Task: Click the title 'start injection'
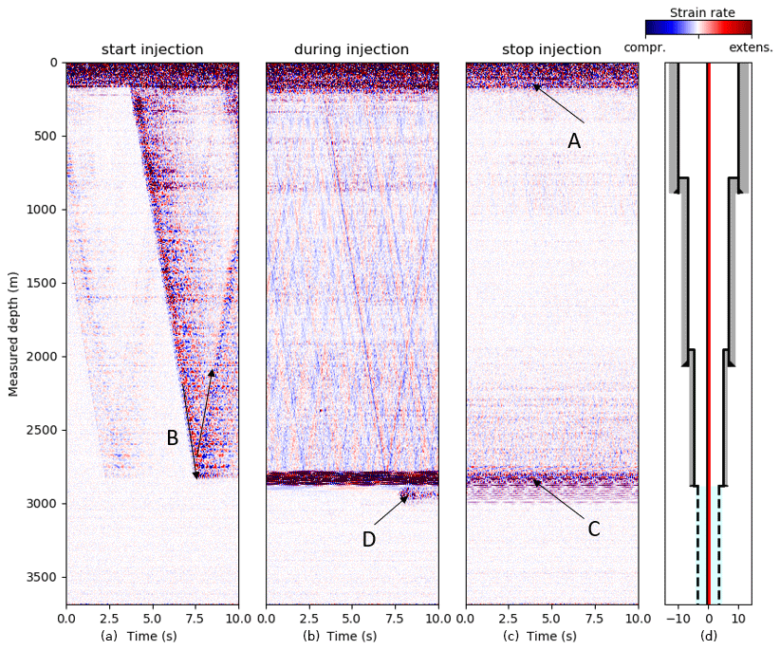click(x=152, y=49)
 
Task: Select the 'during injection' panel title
click(x=351, y=49)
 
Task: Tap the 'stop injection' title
click(x=551, y=49)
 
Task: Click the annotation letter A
click(x=574, y=141)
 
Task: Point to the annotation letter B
click(x=173, y=438)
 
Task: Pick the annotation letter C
click(x=594, y=529)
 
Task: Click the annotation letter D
click(x=369, y=540)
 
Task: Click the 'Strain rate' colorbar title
click(x=702, y=12)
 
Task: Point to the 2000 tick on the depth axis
click(x=43, y=357)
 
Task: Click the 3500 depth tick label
click(x=43, y=577)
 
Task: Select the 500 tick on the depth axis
click(x=46, y=136)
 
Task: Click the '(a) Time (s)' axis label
click(x=152, y=636)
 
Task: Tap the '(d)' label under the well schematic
click(x=708, y=636)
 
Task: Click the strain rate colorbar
click(x=698, y=28)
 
